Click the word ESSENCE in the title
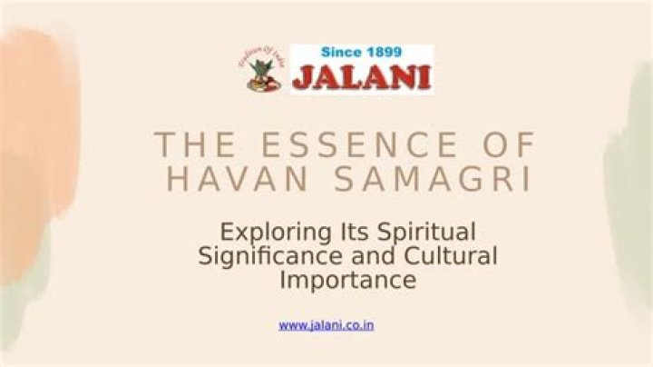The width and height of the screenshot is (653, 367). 345,145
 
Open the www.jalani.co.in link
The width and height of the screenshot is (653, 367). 326,324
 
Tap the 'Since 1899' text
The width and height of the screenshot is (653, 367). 362,53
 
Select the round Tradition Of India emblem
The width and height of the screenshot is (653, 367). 262,69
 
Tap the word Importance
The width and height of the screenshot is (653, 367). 348,281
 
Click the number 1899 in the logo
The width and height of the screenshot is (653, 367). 384,53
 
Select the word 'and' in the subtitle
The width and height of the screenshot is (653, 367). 373,256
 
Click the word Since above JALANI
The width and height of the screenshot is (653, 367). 339,53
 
